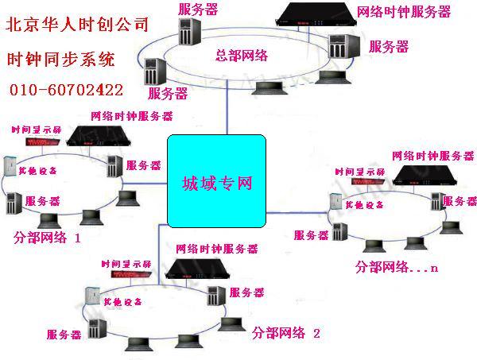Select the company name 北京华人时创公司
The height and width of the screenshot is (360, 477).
point(77,24)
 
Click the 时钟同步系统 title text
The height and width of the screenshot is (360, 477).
point(60,58)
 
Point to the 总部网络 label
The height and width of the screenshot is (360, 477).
point(242,55)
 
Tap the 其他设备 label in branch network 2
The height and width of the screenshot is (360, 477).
point(122,303)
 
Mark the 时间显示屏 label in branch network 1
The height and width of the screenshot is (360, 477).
point(31,129)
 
